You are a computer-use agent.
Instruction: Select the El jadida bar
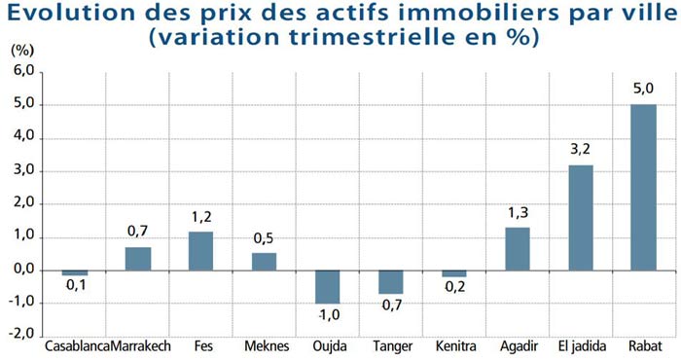[581, 217]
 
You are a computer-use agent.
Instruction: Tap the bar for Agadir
[518, 248]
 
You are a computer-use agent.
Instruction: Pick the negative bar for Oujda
[328, 287]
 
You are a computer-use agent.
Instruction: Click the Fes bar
[200, 250]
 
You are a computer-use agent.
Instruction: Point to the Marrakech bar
[138, 258]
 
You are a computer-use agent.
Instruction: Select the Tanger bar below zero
[391, 282]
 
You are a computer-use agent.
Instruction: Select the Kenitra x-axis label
[454, 347]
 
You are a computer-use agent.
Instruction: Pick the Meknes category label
[264, 347]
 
